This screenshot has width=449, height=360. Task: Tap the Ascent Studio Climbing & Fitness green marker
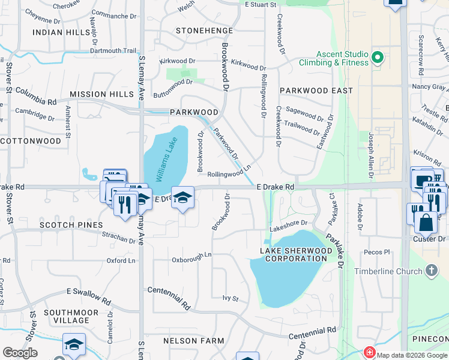378,58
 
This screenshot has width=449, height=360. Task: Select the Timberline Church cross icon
431,271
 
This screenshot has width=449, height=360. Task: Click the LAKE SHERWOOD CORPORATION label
294,254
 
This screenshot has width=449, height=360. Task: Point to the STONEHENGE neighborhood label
199,29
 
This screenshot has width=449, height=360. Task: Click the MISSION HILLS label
101,94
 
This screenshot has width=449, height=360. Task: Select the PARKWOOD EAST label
324,91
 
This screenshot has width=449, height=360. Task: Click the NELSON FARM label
194,341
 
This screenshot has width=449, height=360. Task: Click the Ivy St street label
231,298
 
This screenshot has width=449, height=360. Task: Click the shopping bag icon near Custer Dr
426,223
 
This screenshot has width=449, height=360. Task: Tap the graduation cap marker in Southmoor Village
74,345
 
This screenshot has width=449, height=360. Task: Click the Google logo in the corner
20,353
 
